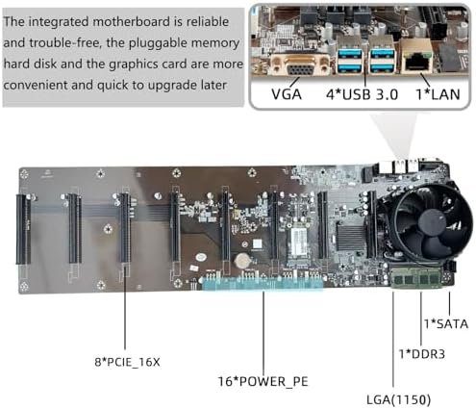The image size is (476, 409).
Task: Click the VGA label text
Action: pos(287,94)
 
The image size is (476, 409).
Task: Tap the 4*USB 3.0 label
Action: pos(362,94)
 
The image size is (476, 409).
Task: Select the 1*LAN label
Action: pos(438,94)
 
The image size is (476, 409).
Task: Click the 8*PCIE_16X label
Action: pos(127,362)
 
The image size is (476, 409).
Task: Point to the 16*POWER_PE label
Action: pos(263,381)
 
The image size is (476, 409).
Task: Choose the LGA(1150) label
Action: pos(398,399)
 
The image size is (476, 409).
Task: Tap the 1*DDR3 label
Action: pos(422,354)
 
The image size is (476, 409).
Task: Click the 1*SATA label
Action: pos(446,324)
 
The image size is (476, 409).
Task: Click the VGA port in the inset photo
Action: pos(301,65)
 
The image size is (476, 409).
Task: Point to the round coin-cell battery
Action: pos(241,261)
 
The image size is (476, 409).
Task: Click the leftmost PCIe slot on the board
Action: pos(24,229)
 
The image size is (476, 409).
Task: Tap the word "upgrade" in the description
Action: pos(174,86)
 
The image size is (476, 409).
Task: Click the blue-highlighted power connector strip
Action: pos(263,283)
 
